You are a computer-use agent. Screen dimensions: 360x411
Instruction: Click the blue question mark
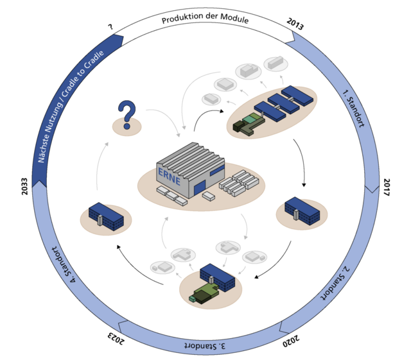coord(128,114)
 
